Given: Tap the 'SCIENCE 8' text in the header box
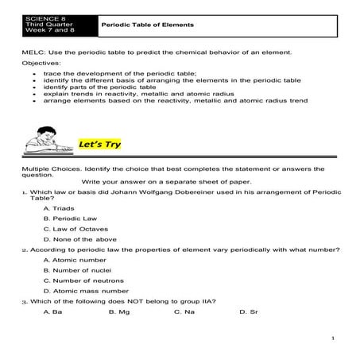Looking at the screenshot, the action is (41, 17).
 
